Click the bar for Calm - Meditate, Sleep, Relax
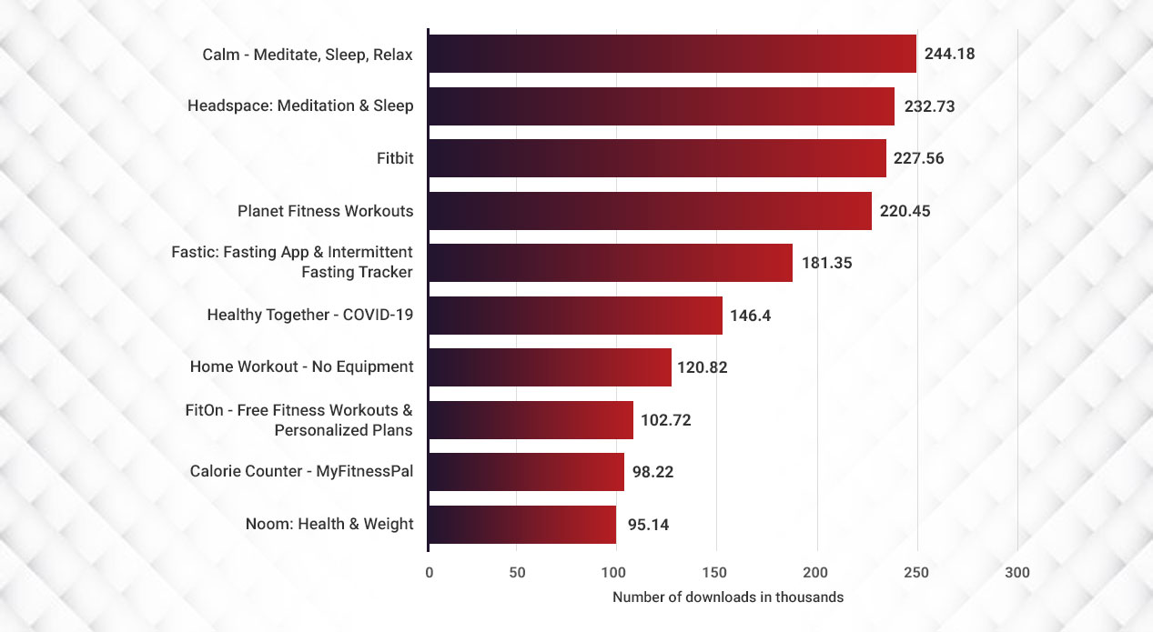672,54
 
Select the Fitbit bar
656,158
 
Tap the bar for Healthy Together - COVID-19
574,316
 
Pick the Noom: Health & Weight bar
521,525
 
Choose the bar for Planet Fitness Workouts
649,211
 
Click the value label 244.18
949,54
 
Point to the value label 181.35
826,264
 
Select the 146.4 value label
751,316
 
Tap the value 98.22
652,472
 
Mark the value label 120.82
702,367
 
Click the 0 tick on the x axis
429,573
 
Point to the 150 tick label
716,573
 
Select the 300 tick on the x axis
1017,573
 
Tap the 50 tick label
516,573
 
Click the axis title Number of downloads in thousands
728,597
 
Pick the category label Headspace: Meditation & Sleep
300,106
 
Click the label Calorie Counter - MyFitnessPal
301,471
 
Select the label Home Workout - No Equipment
301,367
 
